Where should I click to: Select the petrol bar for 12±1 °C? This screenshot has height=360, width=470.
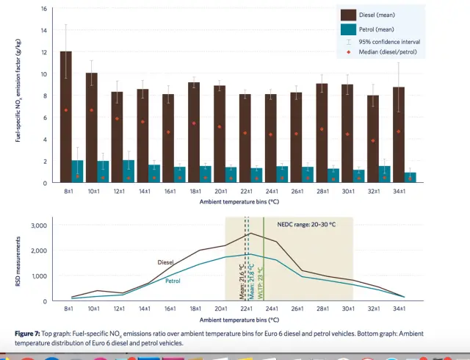[x=129, y=171]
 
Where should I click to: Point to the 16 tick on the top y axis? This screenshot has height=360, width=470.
[x=44, y=9]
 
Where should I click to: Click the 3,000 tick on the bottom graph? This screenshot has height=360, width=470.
[x=37, y=226]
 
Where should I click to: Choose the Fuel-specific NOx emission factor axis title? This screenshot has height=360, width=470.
[x=20, y=96]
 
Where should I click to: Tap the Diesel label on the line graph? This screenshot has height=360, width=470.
[x=167, y=262]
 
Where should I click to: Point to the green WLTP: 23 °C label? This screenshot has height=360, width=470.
[x=261, y=279]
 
